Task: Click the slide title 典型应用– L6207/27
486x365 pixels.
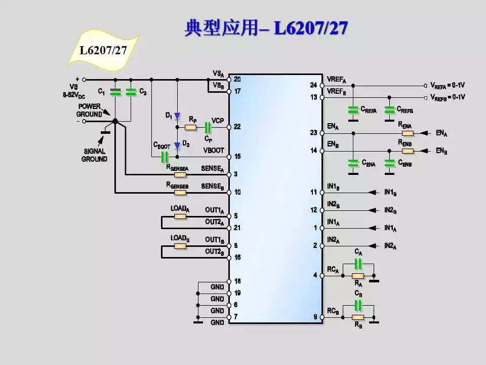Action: tap(265, 28)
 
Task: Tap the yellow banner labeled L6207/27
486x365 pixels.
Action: tap(103, 50)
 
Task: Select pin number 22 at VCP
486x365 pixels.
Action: tap(237, 127)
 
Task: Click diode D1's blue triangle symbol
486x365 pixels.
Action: tap(177, 116)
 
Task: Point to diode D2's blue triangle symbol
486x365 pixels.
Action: tap(177, 146)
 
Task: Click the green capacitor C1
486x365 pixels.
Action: tap(116, 92)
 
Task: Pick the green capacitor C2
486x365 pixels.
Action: tap(131, 92)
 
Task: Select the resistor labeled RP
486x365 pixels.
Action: tap(191, 127)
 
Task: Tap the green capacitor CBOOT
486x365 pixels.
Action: tap(164, 157)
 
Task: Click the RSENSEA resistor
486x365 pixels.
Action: tap(180, 175)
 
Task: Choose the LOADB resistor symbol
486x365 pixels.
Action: tap(180, 246)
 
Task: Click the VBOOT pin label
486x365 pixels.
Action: tap(213, 151)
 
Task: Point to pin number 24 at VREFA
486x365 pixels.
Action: tap(314, 85)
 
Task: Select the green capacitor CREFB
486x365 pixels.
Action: tap(389, 109)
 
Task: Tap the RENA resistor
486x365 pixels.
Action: tap(408, 133)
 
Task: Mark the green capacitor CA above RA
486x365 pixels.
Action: tap(358, 264)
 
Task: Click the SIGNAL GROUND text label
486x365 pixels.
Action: tap(94, 155)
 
